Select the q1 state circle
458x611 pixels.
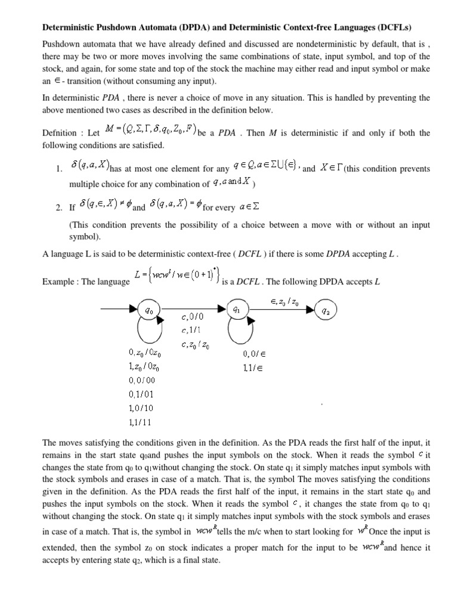pyautogui.click(x=236, y=309)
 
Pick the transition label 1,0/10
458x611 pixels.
pyautogui.click(x=140, y=409)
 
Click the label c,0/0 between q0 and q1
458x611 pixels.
pyautogui.click(x=193, y=316)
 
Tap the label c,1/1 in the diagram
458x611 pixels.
pyautogui.click(x=191, y=330)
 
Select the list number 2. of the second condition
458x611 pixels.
pyautogui.click(x=58, y=209)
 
